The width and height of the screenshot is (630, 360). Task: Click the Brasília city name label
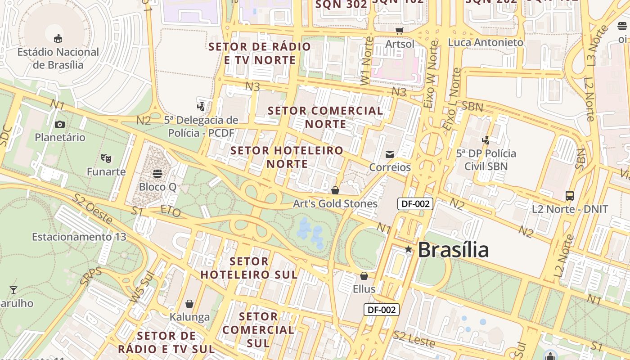coord(453,250)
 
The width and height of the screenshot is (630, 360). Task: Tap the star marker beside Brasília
coord(408,249)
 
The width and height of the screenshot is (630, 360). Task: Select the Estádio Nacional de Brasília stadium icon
coord(58,38)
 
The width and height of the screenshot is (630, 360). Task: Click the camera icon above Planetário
coord(59,124)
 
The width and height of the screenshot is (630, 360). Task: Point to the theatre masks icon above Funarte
coord(106,158)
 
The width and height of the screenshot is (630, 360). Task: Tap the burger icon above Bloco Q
coord(157,173)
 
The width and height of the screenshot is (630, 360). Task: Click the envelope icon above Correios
coord(390,154)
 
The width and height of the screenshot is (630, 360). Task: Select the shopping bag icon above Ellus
coord(364,275)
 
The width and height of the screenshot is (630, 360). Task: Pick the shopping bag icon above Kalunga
coord(189,304)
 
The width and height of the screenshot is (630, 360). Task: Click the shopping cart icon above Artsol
coord(399,31)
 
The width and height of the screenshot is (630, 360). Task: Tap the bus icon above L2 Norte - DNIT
coord(570,196)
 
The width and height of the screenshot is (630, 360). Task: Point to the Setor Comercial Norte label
coord(325,117)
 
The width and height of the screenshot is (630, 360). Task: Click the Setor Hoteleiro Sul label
coord(249,268)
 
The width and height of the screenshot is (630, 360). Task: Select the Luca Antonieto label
coord(486,42)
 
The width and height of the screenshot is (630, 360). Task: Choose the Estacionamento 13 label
coord(79,237)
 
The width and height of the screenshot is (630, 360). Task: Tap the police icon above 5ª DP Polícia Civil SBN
coord(486,140)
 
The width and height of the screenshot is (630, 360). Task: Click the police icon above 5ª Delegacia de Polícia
coord(201,107)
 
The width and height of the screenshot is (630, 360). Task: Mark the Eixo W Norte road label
coord(431,74)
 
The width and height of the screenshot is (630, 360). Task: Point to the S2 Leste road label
coord(414,339)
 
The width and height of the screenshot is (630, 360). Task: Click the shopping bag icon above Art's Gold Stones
coord(335,190)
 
